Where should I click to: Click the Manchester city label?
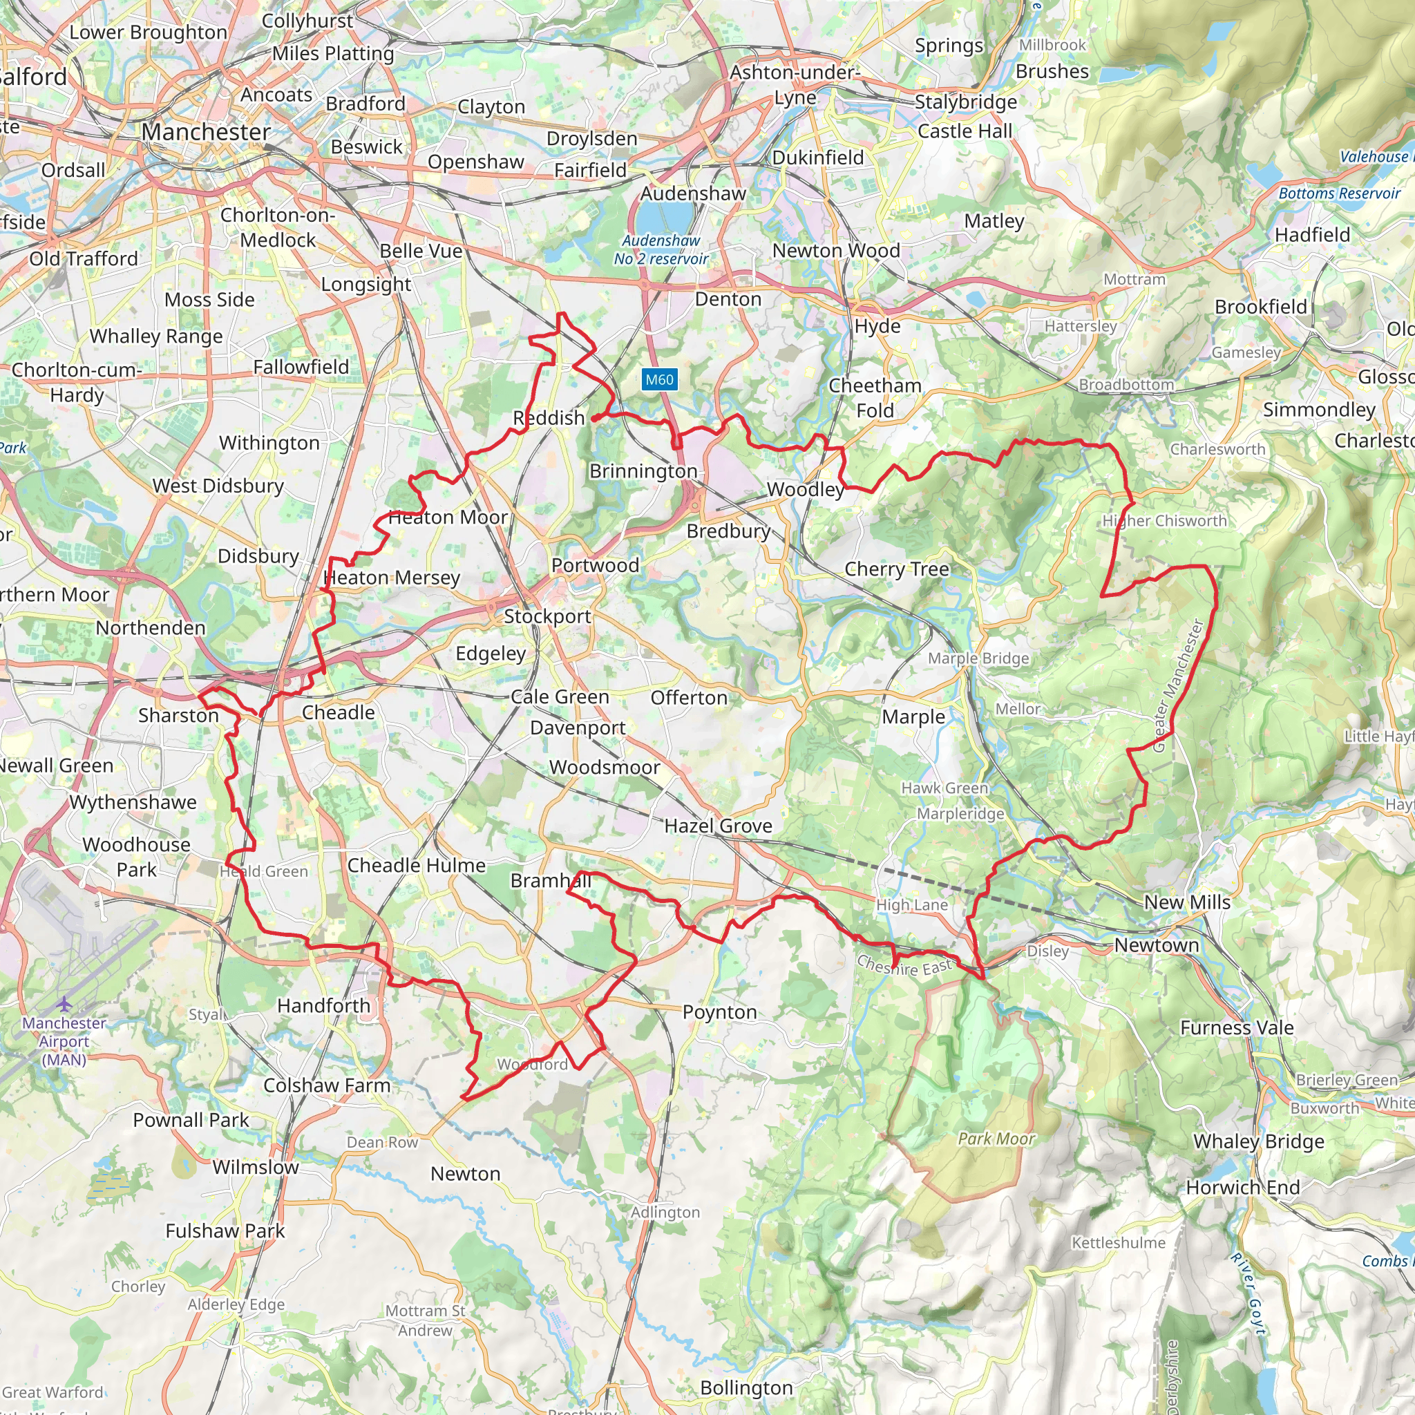coord(206,132)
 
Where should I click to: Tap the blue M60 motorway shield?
coord(659,379)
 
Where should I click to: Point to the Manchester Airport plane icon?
coord(64,1003)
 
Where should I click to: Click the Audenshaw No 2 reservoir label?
coord(661,249)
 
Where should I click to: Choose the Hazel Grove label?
coord(718,826)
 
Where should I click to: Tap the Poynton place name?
coord(719,1012)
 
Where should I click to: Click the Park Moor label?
coord(996,1138)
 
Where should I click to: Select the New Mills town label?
coord(1186,902)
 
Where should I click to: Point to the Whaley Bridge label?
coord(1258,1142)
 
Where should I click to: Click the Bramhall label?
coord(550,880)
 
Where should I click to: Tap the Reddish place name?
coord(549,418)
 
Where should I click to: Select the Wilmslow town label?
coord(256,1167)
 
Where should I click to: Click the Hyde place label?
coord(877,326)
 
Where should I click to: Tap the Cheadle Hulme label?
coord(416,865)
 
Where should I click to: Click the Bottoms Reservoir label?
coord(1339,193)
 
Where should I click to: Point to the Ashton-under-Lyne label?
coord(795,84)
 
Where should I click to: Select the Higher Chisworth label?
coord(1164,521)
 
